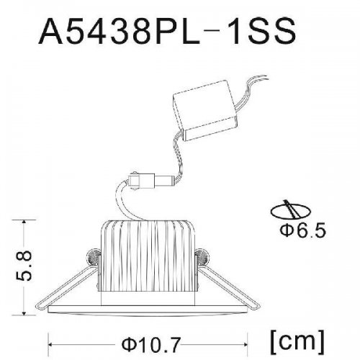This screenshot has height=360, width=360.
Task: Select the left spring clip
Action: [x=90, y=256]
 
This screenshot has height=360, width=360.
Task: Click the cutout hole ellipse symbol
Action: [x=291, y=211]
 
